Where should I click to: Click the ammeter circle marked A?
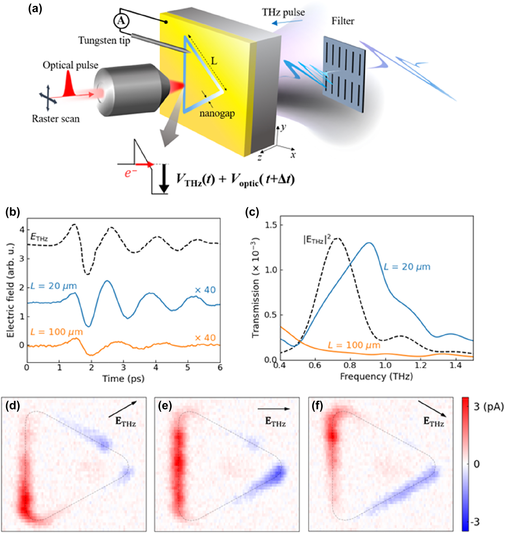coord(121,21)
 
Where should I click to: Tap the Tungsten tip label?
coord(104,40)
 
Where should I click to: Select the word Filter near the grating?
coord(343,21)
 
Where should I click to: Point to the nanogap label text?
coord(217,113)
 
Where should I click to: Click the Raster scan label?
coord(56,119)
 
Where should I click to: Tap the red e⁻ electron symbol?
coord(130,172)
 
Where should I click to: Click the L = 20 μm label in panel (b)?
coord(54,286)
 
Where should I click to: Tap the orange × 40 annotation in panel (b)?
coord(205,338)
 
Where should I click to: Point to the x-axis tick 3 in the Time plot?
coord(123,368)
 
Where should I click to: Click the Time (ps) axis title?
coord(123,379)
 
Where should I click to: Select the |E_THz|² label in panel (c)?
coord(317,240)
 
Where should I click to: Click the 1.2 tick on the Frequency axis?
coord(420,365)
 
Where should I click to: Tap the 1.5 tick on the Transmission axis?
coord(271,225)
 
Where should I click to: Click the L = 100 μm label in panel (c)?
coord(354,345)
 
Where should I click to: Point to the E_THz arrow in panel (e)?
coord(274,409)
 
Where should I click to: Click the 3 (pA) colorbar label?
coord(489,407)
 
